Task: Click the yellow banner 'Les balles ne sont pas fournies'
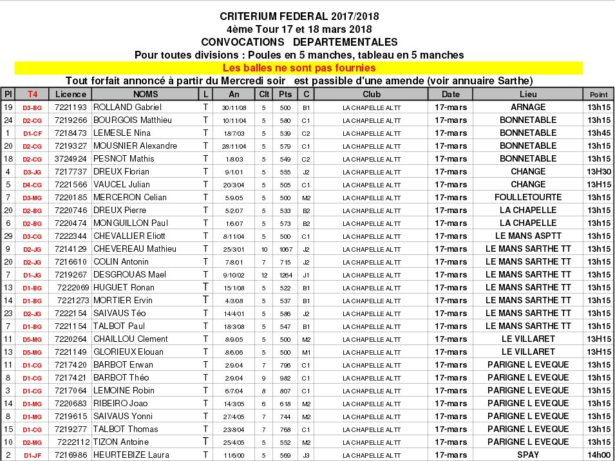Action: (x=299, y=68)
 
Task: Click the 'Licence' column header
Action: (x=70, y=94)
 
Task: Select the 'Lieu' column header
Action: (x=527, y=94)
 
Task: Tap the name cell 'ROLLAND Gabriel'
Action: (x=128, y=107)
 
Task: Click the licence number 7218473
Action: (x=70, y=133)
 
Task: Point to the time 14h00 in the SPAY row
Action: (x=598, y=455)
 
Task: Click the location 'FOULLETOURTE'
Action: (x=527, y=197)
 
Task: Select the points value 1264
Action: (x=285, y=274)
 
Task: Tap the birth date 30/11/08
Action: (x=234, y=108)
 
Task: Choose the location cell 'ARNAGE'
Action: (x=527, y=107)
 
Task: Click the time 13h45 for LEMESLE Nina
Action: (x=598, y=133)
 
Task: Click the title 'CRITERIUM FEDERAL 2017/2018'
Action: (x=299, y=16)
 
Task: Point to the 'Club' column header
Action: (x=372, y=94)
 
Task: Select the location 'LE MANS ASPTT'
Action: (x=527, y=236)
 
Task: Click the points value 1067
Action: (x=285, y=249)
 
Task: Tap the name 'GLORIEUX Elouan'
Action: (x=128, y=352)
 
